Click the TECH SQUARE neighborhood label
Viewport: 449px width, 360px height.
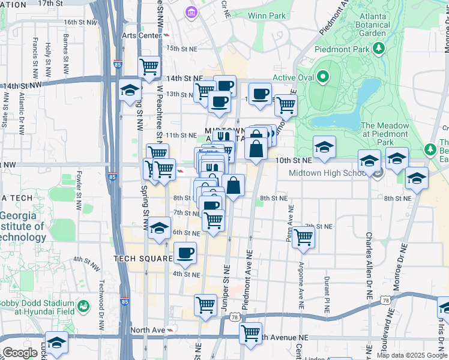click(x=143, y=258)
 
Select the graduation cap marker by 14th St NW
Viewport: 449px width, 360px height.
click(x=130, y=91)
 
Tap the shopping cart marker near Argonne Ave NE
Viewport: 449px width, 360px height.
click(x=304, y=238)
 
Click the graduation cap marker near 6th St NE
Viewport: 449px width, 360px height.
click(x=159, y=229)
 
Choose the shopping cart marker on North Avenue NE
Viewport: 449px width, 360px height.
click(x=250, y=332)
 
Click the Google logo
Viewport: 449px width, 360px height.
click(x=20, y=353)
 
